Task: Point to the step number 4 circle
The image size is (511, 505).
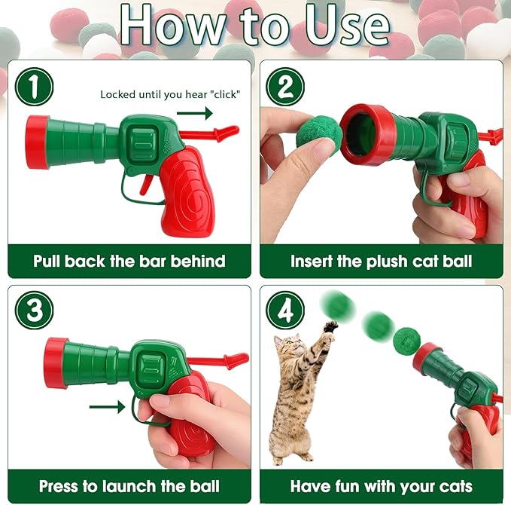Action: pyautogui.click(x=286, y=310)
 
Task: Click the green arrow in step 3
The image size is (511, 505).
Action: pyautogui.click(x=107, y=407)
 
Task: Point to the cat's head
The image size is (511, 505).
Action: pyautogui.click(x=289, y=349)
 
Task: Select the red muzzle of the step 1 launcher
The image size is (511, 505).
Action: pyautogui.click(x=37, y=142)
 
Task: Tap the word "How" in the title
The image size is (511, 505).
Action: pyautogui.click(x=166, y=27)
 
